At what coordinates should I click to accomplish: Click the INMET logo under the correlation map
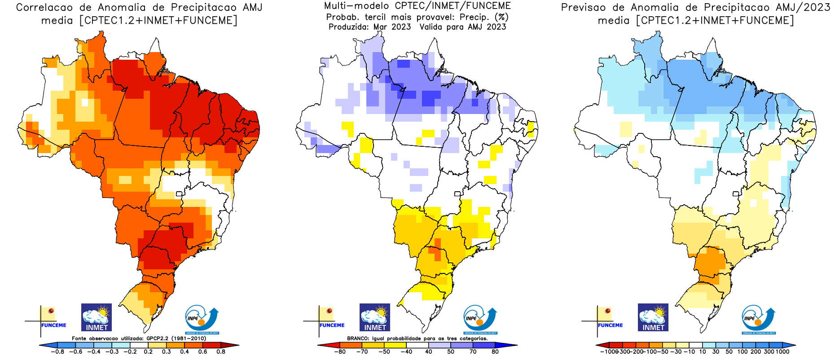[97, 317]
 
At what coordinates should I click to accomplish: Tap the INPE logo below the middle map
[480, 319]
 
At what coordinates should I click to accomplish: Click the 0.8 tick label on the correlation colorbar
[221, 352]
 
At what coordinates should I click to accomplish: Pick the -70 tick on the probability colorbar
[362, 352]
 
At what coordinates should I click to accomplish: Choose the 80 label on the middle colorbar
[495, 352]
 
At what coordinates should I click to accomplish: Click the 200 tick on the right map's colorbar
[756, 352]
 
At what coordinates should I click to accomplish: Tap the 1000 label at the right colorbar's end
[782, 352]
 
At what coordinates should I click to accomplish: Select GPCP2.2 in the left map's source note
[158, 338]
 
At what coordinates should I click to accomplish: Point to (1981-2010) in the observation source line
[189, 338]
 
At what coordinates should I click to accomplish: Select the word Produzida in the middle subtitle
[347, 27]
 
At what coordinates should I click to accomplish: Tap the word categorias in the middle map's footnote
[472, 338]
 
